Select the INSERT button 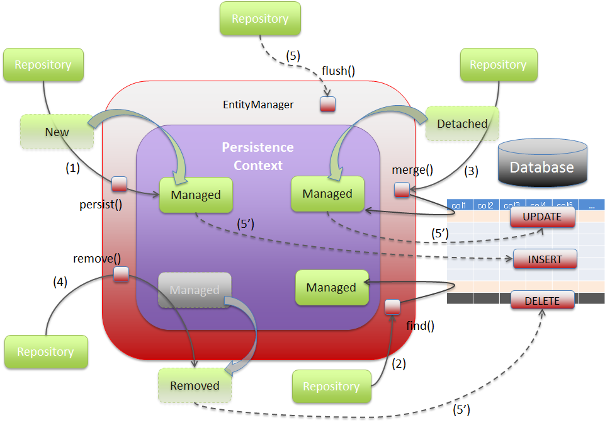pos(545,259)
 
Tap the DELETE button pos(542,301)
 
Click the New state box pos(57,132)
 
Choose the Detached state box pos(461,124)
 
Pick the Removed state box pos(195,385)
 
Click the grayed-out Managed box pos(195,290)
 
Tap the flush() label pos(338,71)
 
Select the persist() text pos(101,204)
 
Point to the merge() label pos(412,169)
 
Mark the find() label pos(420,326)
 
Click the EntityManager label pos(258,105)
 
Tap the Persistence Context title pos(257,156)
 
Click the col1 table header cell pos(459,205)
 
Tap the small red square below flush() pos(327,105)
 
